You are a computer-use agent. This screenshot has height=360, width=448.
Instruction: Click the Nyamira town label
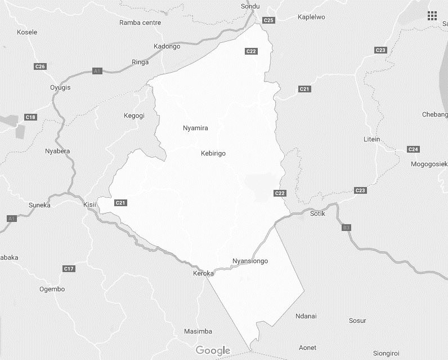[x=195, y=128]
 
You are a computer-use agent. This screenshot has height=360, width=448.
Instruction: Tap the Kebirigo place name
[x=213, y=153]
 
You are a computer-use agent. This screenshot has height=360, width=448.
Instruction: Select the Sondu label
[x=250, y=6]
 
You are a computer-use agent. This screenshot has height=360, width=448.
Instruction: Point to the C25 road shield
[x=268, y=20]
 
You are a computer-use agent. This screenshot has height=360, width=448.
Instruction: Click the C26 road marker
[x=39, y=66]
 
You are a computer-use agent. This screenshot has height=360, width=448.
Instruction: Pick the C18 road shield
[x=30, y=117]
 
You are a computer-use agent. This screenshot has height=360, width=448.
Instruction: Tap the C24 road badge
[x=413, y=149]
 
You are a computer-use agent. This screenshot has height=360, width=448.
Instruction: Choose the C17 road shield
[x=69, y=269]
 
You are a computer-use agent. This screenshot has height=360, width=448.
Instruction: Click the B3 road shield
[x=346, y=228]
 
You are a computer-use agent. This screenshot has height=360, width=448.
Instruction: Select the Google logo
[x=213, y=351]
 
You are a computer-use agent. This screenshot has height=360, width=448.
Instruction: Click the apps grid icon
[x=432, y=16]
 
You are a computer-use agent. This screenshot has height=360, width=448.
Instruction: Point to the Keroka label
[x=203, y=273]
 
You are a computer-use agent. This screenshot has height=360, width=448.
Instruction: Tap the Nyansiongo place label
[x=250, y=261]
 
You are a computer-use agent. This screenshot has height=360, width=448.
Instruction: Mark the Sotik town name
[x=318, y=214]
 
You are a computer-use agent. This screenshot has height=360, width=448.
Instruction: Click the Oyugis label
[x=60, y=87]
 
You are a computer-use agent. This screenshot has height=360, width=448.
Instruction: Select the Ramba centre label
[x=140, y=23]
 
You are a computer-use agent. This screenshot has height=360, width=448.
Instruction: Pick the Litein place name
[x=372, y=139]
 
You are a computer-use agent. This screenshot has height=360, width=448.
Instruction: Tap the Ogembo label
[x=52, y=289]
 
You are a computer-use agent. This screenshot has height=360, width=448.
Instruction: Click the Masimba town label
[x=198, y=331]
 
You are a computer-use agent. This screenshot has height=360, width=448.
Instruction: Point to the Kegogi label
[x=134, y=115]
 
